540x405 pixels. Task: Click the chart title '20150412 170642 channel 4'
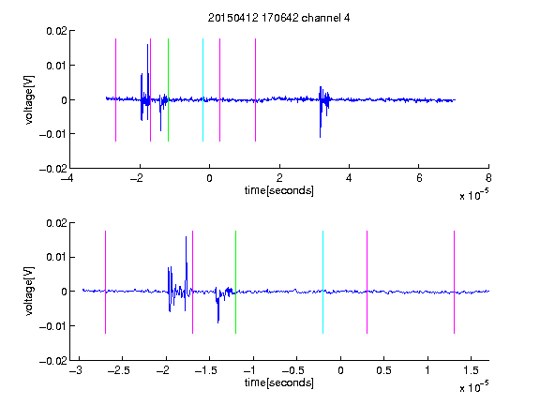278,18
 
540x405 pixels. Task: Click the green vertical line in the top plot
168,90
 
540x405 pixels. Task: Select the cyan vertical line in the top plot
202,90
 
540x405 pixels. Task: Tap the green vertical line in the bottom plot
235,282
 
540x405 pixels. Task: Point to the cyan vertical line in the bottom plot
322,282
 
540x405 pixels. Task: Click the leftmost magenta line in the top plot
115,90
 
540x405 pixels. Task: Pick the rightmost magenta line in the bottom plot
454,282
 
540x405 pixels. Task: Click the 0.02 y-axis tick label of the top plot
56,31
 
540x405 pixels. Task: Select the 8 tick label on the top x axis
488,178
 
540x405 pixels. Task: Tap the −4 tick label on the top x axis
67,178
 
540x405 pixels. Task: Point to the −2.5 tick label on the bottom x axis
117,370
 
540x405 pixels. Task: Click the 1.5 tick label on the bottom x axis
471,370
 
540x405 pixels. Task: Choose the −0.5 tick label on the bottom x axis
293,370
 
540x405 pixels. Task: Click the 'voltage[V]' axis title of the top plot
30,99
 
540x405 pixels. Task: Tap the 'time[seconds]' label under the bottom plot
279,382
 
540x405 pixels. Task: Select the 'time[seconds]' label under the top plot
279,190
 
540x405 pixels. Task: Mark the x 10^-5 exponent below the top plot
473,194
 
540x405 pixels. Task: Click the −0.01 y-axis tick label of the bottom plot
53,326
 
